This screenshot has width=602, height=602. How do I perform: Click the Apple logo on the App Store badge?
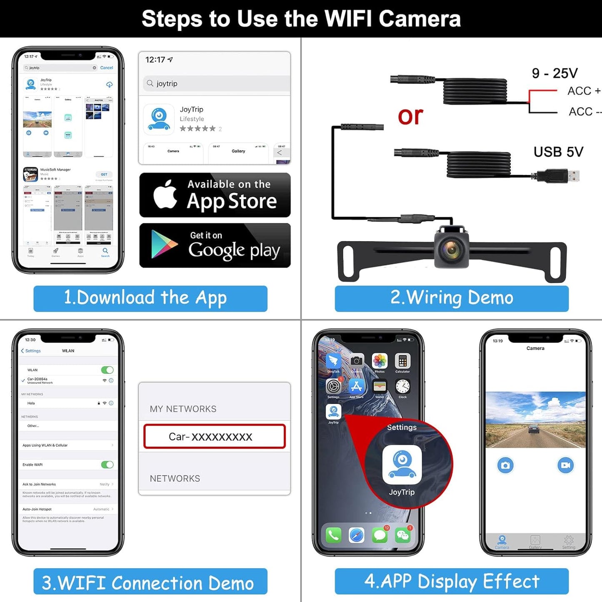point(165,195)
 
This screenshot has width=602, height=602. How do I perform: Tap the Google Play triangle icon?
point(163,245)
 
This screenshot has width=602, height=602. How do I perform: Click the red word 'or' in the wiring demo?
point(410,116)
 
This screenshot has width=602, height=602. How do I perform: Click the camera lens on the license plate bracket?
point(451,249)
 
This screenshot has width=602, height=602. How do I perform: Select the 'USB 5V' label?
point(558,152)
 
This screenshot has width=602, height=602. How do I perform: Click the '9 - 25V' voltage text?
point(555,73)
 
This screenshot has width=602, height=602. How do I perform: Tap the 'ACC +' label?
point(583,91)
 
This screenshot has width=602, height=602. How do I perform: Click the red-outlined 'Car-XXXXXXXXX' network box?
point(214,436)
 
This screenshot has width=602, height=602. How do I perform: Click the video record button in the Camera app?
point(565,465)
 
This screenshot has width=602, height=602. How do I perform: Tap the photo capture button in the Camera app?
point(505,465)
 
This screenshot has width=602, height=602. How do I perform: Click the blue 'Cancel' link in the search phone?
point(106,67)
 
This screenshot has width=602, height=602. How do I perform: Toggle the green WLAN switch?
point(107,370)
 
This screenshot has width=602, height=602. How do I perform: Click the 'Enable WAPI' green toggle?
point(107,465)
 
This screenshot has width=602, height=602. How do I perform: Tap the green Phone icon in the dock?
point(333,535)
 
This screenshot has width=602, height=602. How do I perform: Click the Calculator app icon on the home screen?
point(402,361)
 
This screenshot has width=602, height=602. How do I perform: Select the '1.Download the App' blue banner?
point(150,298)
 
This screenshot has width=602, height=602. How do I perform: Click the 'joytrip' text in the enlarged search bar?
point(167,83)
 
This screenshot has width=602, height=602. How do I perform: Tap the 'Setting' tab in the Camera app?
point(569,542)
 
